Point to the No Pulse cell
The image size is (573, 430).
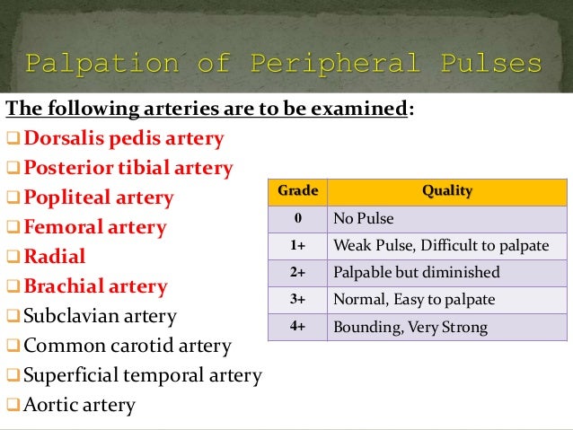tap(363, 218)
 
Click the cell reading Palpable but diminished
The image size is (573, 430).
tap(416, 272)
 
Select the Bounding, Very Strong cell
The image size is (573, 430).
tap(410, 327)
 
